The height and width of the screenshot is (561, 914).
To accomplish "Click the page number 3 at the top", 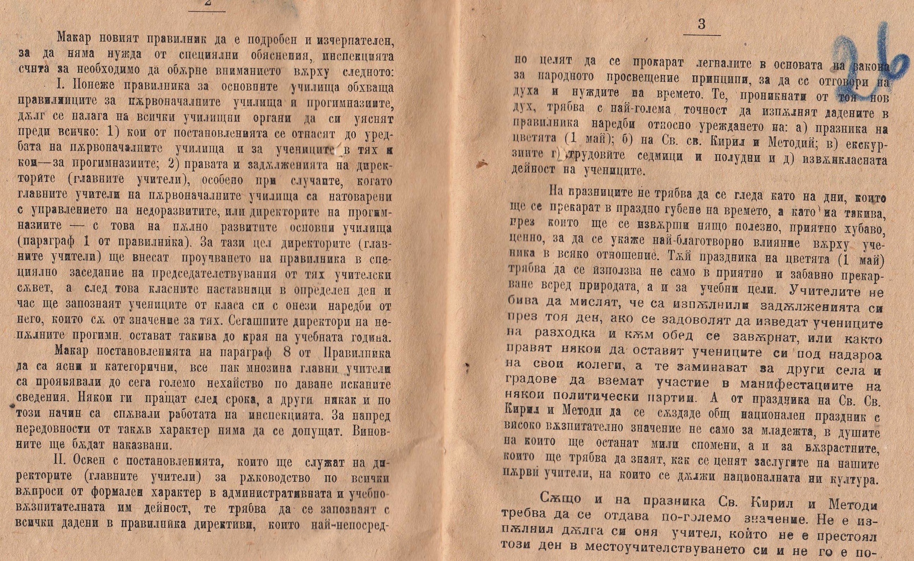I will [x=701, y=24].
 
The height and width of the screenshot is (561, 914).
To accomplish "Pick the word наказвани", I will [x=137, y=444].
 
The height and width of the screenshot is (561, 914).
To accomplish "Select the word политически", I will [x=596, y=398].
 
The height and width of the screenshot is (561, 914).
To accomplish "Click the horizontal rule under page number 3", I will [x=702, y=35].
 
